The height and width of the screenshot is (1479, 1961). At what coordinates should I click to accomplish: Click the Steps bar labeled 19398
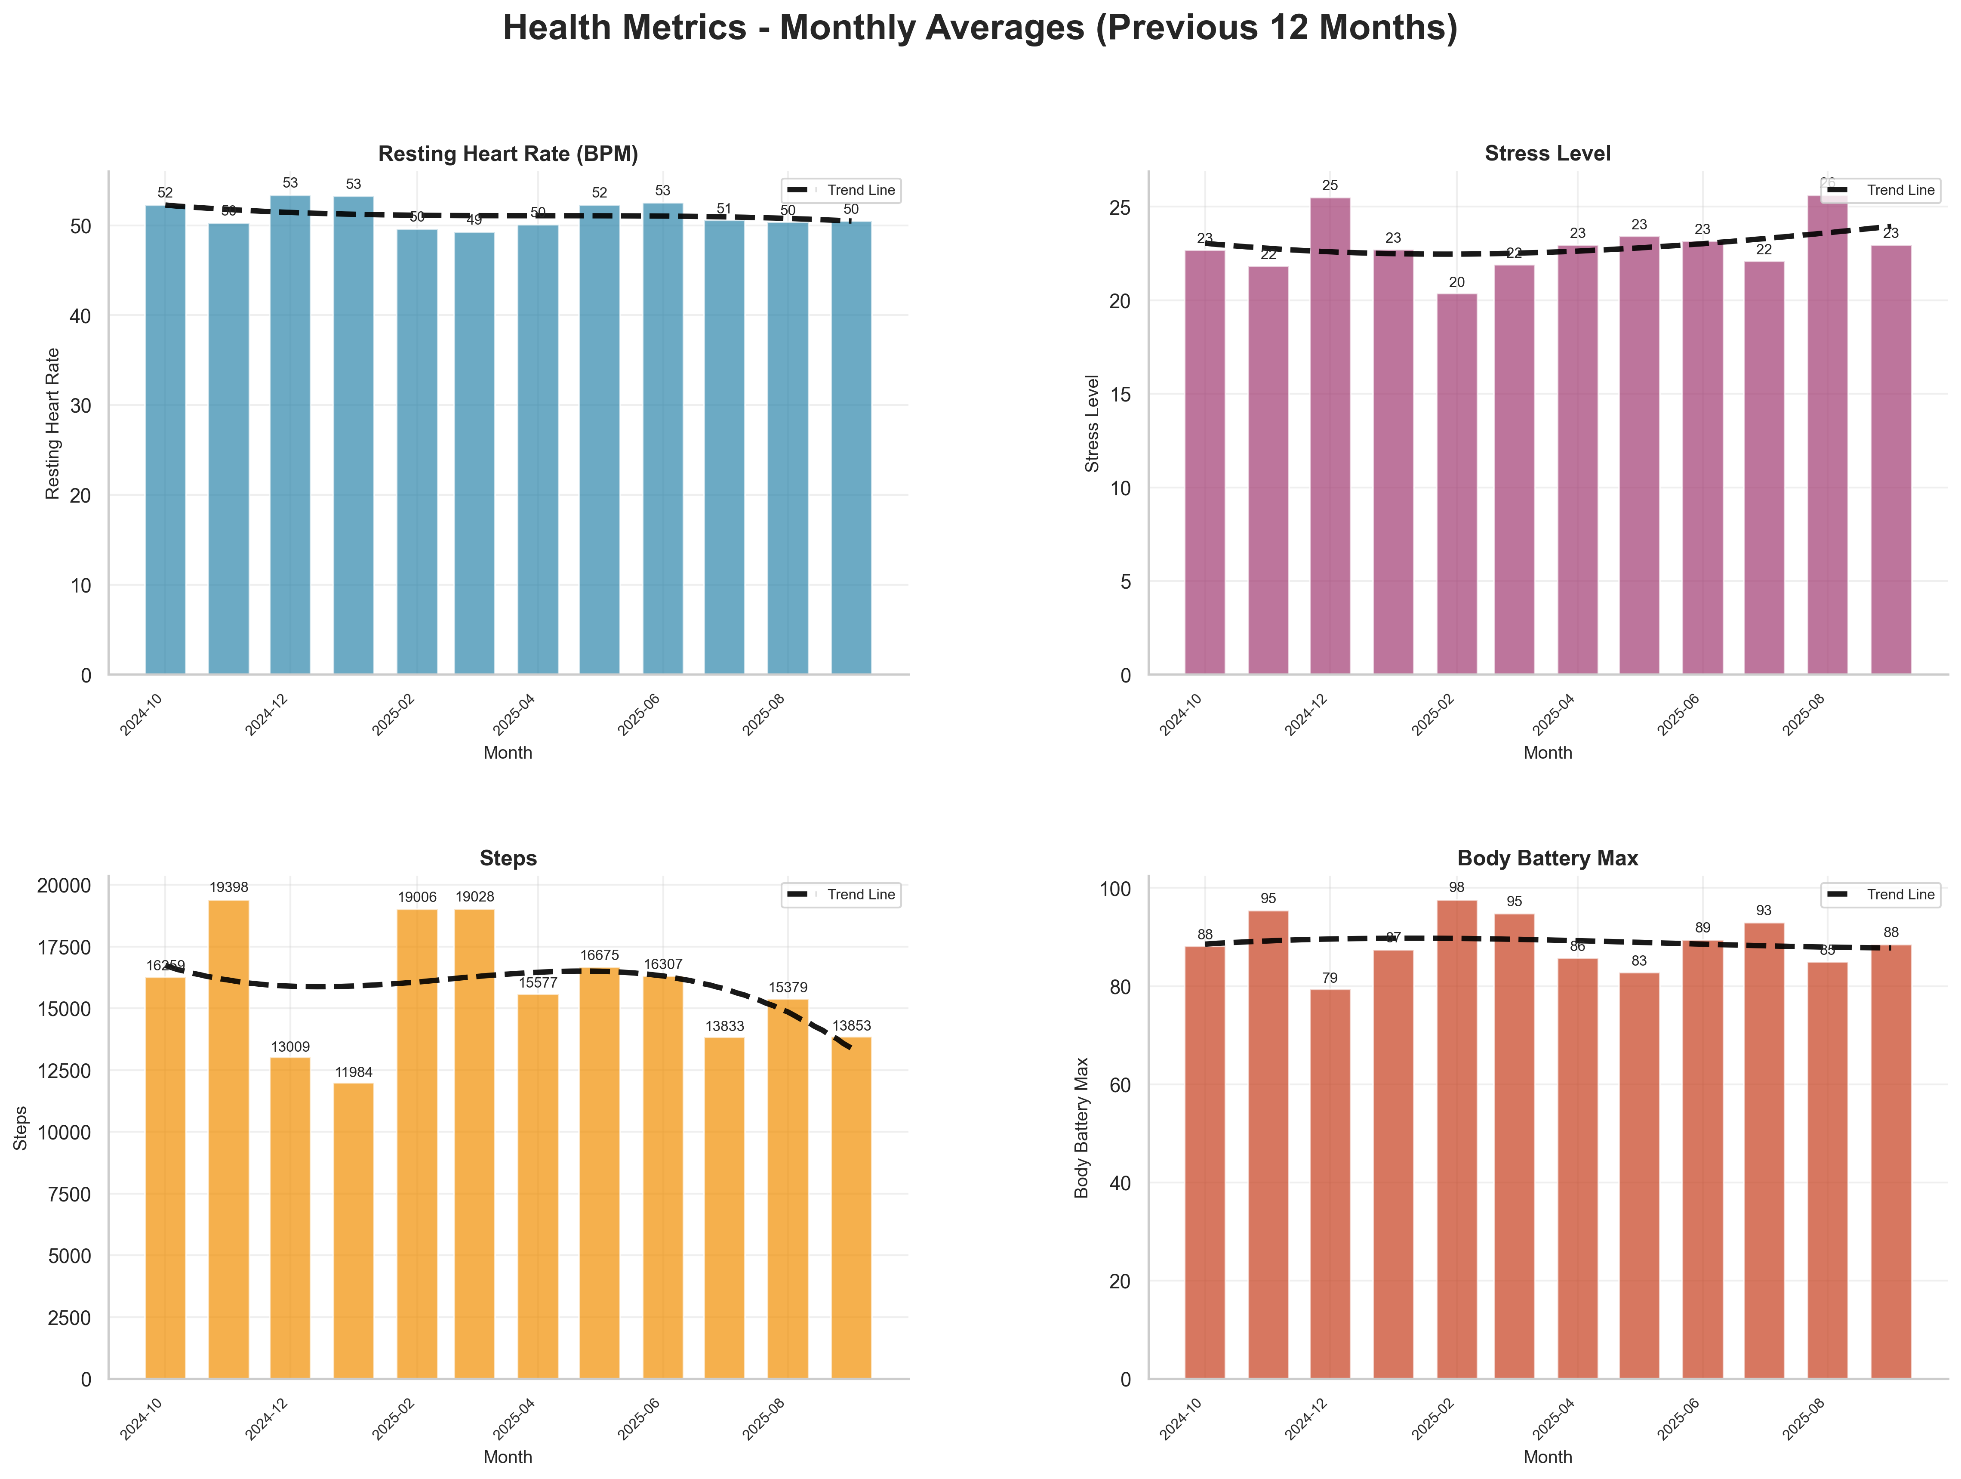tap(229, 1139)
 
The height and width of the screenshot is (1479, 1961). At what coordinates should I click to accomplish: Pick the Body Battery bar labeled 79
tap(1330, 1184)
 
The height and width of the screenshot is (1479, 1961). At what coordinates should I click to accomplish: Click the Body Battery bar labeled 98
tap(1456, 1139)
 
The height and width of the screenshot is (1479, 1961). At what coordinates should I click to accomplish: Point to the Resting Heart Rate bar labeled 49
tap(474, 452)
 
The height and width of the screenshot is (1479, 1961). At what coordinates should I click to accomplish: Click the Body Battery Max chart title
tap(1547, 858)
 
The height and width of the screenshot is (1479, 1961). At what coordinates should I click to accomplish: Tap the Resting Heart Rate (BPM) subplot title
tap(508, 153)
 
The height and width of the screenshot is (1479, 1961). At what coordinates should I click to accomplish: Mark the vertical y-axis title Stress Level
tap(1092, 423)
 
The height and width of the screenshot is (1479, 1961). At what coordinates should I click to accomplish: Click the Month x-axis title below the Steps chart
tap(508, 1457)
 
